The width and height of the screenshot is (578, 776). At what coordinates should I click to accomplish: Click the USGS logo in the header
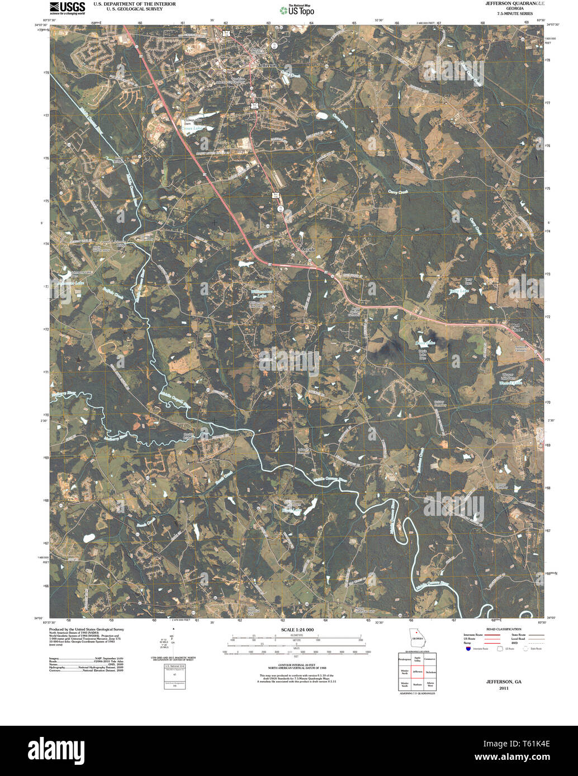click(67, 7)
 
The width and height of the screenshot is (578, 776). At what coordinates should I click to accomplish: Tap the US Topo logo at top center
click(297, 9)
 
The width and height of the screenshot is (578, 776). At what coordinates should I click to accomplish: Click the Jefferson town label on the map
click(266, 65)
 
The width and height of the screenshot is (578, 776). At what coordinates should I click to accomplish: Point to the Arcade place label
click(308, 249)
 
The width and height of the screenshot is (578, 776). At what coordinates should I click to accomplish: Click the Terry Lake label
click(459, 290)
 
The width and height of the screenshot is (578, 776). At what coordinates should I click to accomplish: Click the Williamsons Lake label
click(260, 294)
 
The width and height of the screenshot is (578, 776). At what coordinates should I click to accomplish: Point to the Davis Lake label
click(425, 342)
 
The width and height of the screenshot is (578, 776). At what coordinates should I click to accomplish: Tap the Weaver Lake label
click(510, 383)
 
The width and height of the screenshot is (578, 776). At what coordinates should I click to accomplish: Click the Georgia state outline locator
click(416, 637)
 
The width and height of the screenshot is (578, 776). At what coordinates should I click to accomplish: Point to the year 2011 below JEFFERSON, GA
click(503, 688)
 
